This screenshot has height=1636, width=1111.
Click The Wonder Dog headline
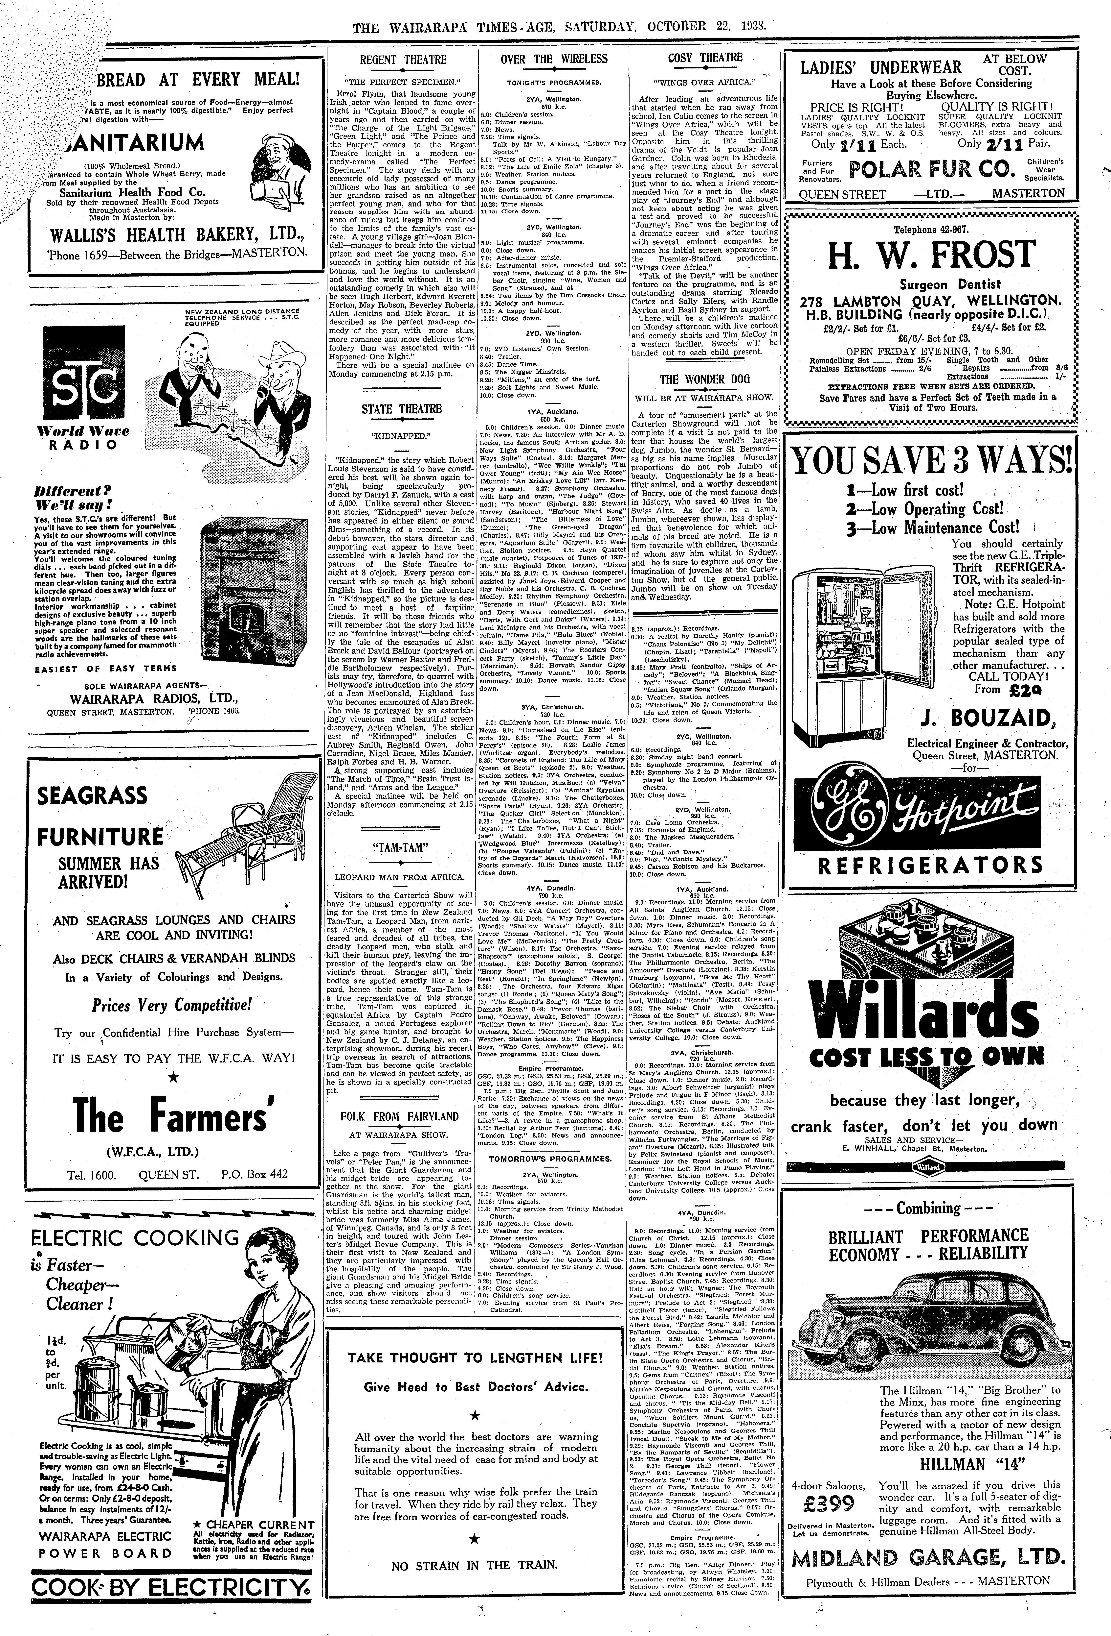704,380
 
